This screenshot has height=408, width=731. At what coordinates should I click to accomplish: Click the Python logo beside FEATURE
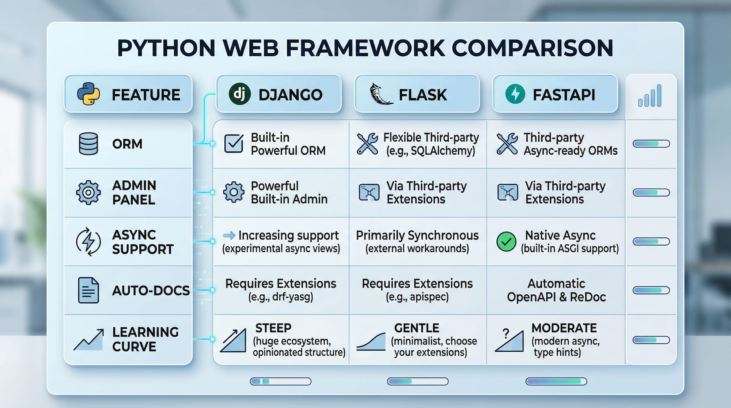click(x=88, y=94)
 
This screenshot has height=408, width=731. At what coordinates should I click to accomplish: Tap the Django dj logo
click(x=239, y=94)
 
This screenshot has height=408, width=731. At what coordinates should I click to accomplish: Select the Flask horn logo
click(x=380, y=94)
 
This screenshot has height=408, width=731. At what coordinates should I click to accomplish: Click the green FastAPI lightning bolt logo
click(x=515, y=94)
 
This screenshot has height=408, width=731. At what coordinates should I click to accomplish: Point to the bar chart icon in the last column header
click(x=650, y=96)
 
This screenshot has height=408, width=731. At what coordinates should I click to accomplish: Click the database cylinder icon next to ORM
click(x=88, y=144)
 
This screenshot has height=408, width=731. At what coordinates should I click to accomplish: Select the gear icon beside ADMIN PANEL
click(x=88, y=192)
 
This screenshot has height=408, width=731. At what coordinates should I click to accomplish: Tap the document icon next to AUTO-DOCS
click(x=88, y=290)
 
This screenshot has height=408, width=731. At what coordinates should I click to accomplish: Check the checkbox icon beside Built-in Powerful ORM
click(x=234, y=144)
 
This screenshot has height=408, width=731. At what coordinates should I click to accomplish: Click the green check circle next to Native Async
click(x=506, y=241)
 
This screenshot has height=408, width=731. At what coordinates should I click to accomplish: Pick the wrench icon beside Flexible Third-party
click(x=367, y=144)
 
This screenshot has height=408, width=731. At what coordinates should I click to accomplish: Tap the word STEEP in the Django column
click(x=273, y=328)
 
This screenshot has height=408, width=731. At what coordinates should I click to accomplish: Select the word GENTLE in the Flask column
click(x=417, y=328)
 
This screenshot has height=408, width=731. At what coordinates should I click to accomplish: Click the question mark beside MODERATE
click(x=506, y=333)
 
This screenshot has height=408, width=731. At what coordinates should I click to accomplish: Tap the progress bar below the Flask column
click(x=417, y=382)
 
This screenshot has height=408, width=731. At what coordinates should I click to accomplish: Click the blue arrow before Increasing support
click(x=229, y=235)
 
